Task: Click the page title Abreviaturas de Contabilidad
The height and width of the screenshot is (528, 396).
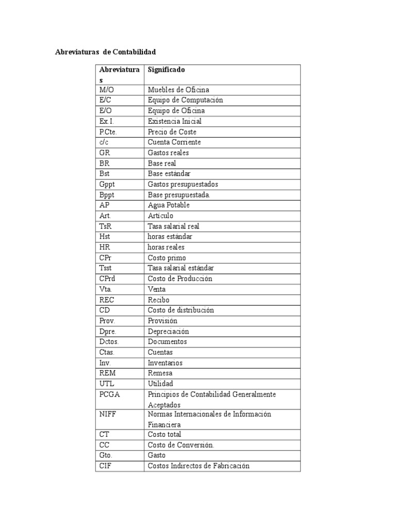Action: tap(105, 52)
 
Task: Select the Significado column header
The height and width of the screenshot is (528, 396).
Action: tap(166, 69)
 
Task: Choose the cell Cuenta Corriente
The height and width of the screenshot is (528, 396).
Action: tap(174, 142)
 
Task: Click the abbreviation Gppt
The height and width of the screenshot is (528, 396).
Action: tap(107, 184)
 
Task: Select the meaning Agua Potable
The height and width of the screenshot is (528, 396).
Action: tap(169, 205)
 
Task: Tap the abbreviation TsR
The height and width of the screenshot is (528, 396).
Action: tap(106, 226)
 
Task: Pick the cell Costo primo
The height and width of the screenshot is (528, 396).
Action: tap(167, 258)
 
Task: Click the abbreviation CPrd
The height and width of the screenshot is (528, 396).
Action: tap(108, 278)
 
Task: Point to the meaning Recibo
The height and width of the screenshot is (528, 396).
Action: tap(158, 300)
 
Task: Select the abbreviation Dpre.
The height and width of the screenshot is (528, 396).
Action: tap(108, 331)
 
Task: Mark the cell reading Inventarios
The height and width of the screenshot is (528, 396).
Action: tap(165, 362)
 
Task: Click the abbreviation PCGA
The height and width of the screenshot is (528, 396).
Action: tap(109, 394)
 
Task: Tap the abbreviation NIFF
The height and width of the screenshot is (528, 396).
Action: tap(107, 414)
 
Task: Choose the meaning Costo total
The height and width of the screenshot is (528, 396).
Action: tap(164, 434)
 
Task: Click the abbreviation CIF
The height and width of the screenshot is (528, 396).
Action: tap(105, 466)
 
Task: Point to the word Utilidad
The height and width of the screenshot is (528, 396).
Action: tap(160, 384)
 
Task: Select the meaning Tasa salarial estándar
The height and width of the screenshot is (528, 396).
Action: tap(180, 268)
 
